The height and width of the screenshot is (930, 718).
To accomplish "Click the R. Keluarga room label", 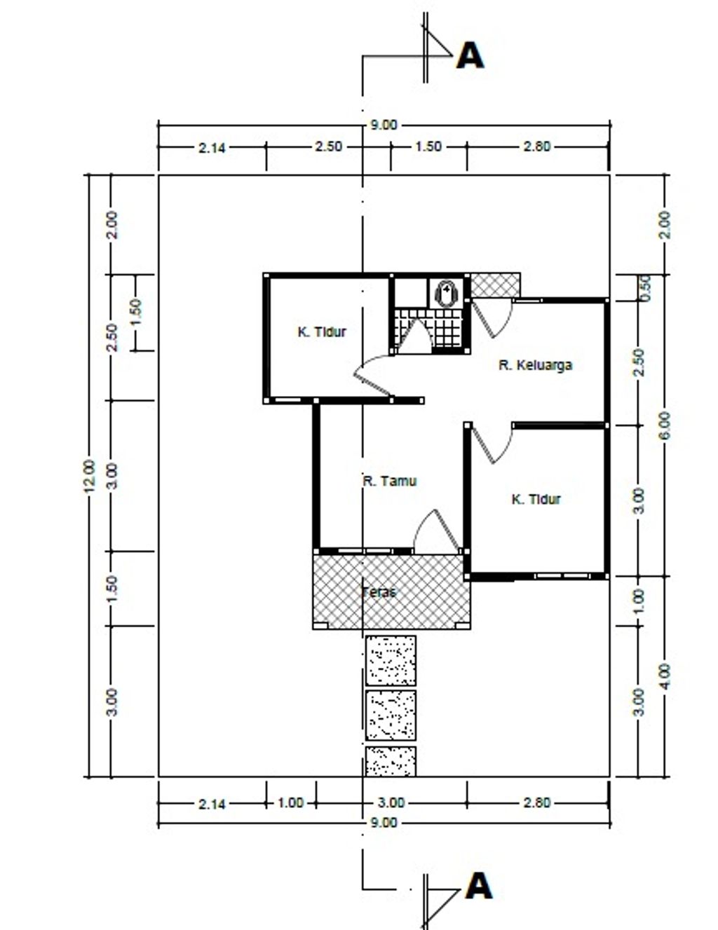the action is (x=535, y=365).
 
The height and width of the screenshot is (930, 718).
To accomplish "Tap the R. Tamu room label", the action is (x=390, y=481).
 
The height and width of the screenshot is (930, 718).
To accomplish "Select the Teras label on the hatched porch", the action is (x=379, y=592).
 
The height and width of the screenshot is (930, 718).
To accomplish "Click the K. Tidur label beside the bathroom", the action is (x=322, y=331).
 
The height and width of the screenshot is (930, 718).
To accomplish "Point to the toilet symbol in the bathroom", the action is (x=447, y=293).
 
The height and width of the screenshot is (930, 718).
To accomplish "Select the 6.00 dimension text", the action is (x=665, y=425).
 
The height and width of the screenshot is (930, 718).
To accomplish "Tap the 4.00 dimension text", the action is (x=665, y=676).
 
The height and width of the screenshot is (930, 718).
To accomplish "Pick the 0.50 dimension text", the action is (x=645, y=288).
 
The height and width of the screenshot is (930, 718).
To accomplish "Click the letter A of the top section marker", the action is (x=470, y=56).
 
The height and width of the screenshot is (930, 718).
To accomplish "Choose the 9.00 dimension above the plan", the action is (x=384, y=125).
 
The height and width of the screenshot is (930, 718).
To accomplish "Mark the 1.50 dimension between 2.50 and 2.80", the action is (x=428, y=146).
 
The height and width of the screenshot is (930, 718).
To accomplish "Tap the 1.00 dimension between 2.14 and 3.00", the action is (x=291, y=802).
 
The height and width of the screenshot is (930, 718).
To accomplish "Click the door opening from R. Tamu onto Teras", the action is (x=437, y=531).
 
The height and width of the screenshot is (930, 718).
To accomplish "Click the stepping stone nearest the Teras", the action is (x=391, y=660).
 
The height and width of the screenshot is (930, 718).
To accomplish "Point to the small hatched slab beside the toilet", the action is (x=495, y=285).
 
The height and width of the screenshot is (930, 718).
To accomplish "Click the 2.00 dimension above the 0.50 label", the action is (x=665, y=225).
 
